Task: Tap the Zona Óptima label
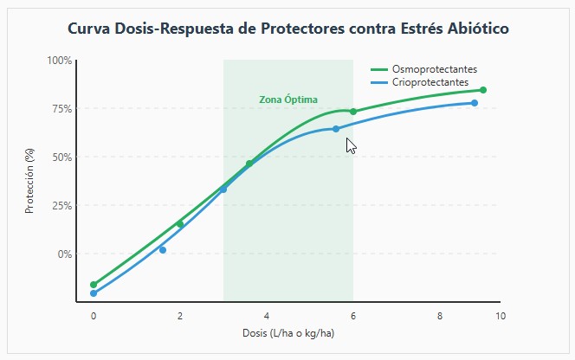pos(288,100)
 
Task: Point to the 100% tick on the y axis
pos(60,61)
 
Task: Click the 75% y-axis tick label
pos(62,109)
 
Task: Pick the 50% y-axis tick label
pos(62,157)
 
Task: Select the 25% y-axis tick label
pos(62,206)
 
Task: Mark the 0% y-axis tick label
pos(65,254)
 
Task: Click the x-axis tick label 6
pos(353,315)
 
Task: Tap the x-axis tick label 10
pos(500,315)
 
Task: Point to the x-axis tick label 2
pos(180,315)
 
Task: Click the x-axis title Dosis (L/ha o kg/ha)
pos(288,333)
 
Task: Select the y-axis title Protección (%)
pos(29,181)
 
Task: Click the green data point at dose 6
pos(353,112)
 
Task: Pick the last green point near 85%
pos(483,90)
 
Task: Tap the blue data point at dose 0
pos(94,293)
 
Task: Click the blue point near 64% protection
pos(336,129)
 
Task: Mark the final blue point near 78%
pos(475,103)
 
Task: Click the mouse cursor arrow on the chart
pos(350,145)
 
